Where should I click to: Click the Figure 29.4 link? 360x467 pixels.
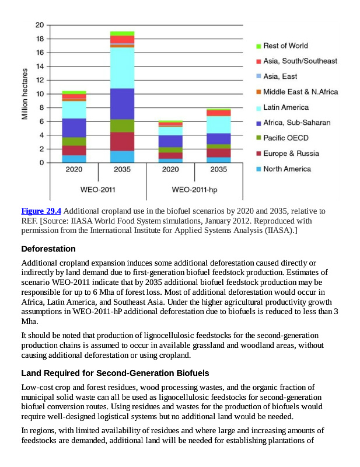41,211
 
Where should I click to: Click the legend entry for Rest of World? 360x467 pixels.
285,46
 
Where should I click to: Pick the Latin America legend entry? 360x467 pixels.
286,107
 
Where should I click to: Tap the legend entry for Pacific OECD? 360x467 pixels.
286,138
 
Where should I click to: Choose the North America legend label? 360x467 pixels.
287,169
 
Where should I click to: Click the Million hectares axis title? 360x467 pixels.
25,94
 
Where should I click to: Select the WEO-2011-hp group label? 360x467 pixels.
195,190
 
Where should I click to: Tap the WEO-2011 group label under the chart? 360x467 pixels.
98,190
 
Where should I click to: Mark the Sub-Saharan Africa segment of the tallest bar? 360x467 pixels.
122,103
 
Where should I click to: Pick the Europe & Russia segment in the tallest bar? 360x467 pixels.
122,141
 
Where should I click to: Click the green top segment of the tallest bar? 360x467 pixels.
122,33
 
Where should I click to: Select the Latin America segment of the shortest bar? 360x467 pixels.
170,131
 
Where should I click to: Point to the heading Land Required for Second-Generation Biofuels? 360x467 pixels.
115,373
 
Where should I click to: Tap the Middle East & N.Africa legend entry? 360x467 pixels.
300,92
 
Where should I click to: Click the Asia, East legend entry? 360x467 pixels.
280,76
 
